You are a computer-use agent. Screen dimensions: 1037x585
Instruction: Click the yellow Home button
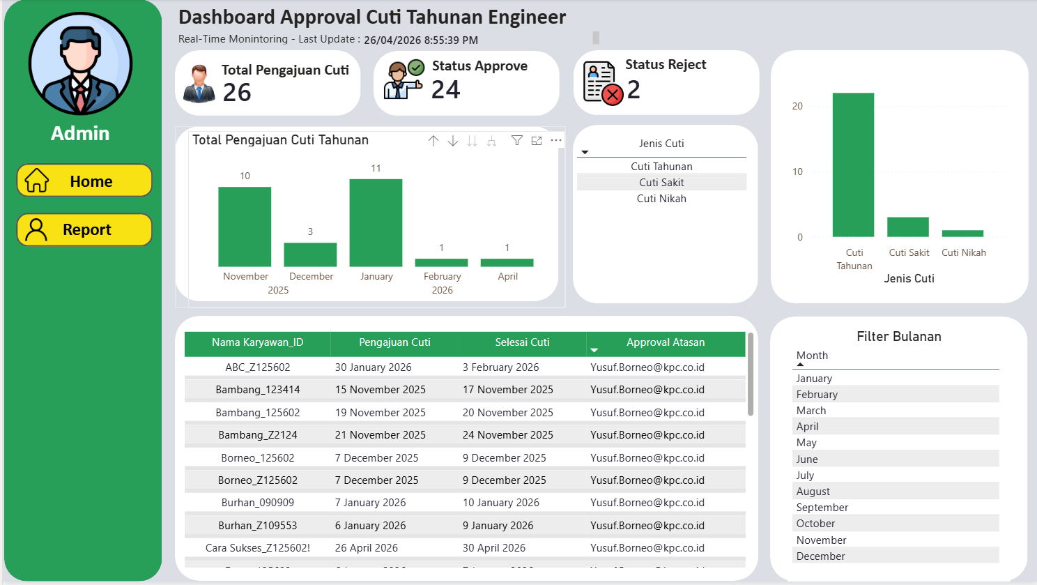[84, 181]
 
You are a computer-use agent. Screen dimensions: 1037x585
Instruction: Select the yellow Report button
[84, 229]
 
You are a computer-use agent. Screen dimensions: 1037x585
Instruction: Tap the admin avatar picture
[81, 63]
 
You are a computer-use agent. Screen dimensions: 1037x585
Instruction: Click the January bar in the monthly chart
[376, 223]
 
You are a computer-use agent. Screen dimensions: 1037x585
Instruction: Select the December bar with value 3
[310, 254]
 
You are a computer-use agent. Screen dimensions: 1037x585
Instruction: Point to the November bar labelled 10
[245, 227]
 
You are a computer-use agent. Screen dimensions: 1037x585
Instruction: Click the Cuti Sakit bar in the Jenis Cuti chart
[908, 227]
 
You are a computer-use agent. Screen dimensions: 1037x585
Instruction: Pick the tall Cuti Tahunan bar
[853, 165]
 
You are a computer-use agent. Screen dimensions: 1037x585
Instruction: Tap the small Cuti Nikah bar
[962, 234]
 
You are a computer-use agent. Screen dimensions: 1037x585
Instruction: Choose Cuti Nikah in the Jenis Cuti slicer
[661, 199]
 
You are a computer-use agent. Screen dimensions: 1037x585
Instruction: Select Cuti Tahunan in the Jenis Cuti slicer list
[661, 166]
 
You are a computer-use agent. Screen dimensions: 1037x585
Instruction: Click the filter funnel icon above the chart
[517, 140]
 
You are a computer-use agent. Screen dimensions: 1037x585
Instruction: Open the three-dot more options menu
[556, 140]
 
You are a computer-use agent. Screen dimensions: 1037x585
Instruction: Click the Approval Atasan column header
[666, 342]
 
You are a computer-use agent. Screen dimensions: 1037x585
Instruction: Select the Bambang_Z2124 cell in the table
[258, 435]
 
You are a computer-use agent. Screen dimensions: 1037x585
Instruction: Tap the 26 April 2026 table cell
[366, 548]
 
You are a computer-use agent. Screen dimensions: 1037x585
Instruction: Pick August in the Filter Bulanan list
[813, 492]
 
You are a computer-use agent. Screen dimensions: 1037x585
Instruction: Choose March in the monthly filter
[811, 411]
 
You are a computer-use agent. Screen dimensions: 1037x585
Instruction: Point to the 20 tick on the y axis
[797, 106]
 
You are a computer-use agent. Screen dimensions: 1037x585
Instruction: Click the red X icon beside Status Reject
[613, 96]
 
